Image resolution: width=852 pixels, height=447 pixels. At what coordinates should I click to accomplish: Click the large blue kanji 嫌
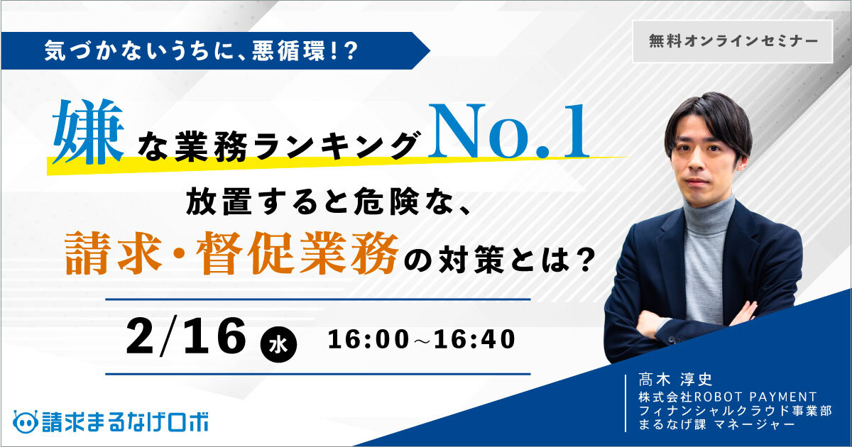click(88, 131)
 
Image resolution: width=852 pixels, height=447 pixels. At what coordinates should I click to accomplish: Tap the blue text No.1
click(509, 131)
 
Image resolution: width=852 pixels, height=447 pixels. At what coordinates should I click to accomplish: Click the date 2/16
click(186, 337)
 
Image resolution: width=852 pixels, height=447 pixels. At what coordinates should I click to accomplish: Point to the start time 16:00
click(368, 339)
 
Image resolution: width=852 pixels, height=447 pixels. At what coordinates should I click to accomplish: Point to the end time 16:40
click(474, 339)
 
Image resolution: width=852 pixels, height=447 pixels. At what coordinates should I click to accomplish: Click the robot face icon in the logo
click(26, 421)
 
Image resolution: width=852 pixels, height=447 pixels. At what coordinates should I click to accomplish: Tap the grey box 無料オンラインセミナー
click(733, 41)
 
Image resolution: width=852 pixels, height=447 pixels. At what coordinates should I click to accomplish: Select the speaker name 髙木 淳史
click(675, 380)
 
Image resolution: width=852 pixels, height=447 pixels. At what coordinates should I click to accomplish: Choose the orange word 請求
click(114, 253)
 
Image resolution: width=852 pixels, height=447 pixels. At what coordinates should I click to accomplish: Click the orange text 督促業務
click(297, 253)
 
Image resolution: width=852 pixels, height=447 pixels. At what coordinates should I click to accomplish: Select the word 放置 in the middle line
click(219, 201)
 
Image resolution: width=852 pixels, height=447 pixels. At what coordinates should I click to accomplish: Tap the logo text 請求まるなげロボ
click(125, 421)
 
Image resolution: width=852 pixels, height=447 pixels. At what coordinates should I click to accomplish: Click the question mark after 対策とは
click(583, 260)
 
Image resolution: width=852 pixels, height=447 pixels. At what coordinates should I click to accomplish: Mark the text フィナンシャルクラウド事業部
click(735, 411)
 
